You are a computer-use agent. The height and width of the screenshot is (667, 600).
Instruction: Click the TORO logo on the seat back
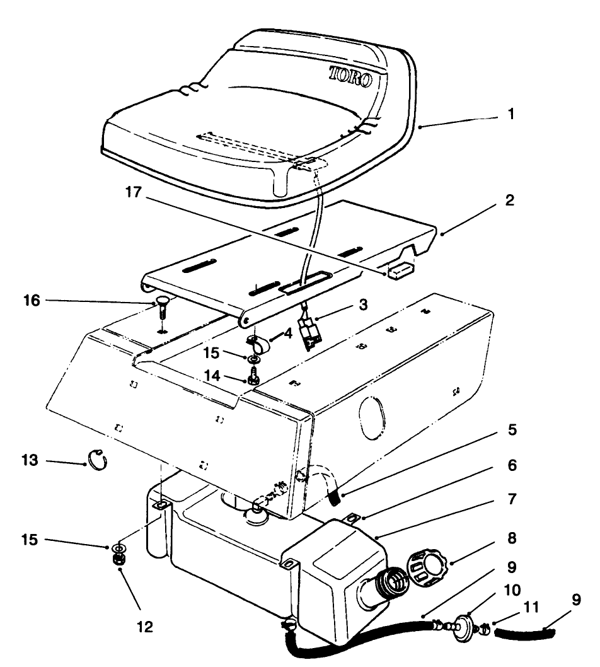click(350, 77)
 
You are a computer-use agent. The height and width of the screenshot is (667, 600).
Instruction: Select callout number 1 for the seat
click(511, 115)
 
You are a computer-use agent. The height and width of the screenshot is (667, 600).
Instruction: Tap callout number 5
click(511, 431)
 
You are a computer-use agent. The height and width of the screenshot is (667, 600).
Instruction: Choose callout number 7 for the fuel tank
click(511, 500)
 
